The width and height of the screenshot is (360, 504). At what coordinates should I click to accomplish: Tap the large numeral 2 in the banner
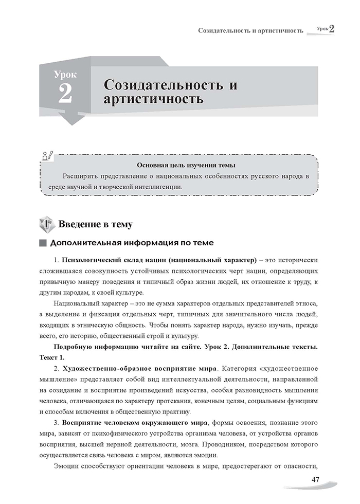pos(65,94)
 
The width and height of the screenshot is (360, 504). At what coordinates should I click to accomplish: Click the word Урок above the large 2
pos(65,75)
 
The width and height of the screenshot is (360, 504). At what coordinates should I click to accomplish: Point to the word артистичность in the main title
pos(153,99)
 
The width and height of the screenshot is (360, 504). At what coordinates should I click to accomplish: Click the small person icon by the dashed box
pos(48,155)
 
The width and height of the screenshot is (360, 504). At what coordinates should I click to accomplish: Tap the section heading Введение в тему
pos(95,224)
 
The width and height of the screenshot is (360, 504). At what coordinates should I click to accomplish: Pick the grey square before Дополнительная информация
pos(43,243)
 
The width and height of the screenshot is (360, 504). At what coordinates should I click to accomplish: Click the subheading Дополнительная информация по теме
pos(132,243)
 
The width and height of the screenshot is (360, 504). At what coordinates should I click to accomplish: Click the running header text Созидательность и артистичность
pos(250,30)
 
